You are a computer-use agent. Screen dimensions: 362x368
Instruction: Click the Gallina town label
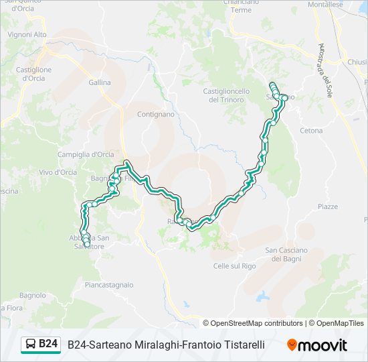[100, 82]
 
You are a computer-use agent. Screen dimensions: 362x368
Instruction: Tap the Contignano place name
[155, 114]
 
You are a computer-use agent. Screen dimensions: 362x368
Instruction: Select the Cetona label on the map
[311, 131]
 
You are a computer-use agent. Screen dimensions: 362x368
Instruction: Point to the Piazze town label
[327, 206]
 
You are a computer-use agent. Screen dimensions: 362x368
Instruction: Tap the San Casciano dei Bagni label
[286, 254]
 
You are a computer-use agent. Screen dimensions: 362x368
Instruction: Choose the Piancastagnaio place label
[109, 285]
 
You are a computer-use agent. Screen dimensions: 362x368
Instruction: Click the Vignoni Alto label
[27, 34]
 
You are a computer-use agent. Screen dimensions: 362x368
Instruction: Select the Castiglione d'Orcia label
[33, 74]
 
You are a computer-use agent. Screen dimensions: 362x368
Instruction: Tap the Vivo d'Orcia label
[58, 172]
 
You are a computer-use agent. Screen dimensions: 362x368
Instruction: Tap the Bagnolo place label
[32, 295]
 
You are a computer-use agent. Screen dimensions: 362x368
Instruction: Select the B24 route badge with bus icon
[41, 345]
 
